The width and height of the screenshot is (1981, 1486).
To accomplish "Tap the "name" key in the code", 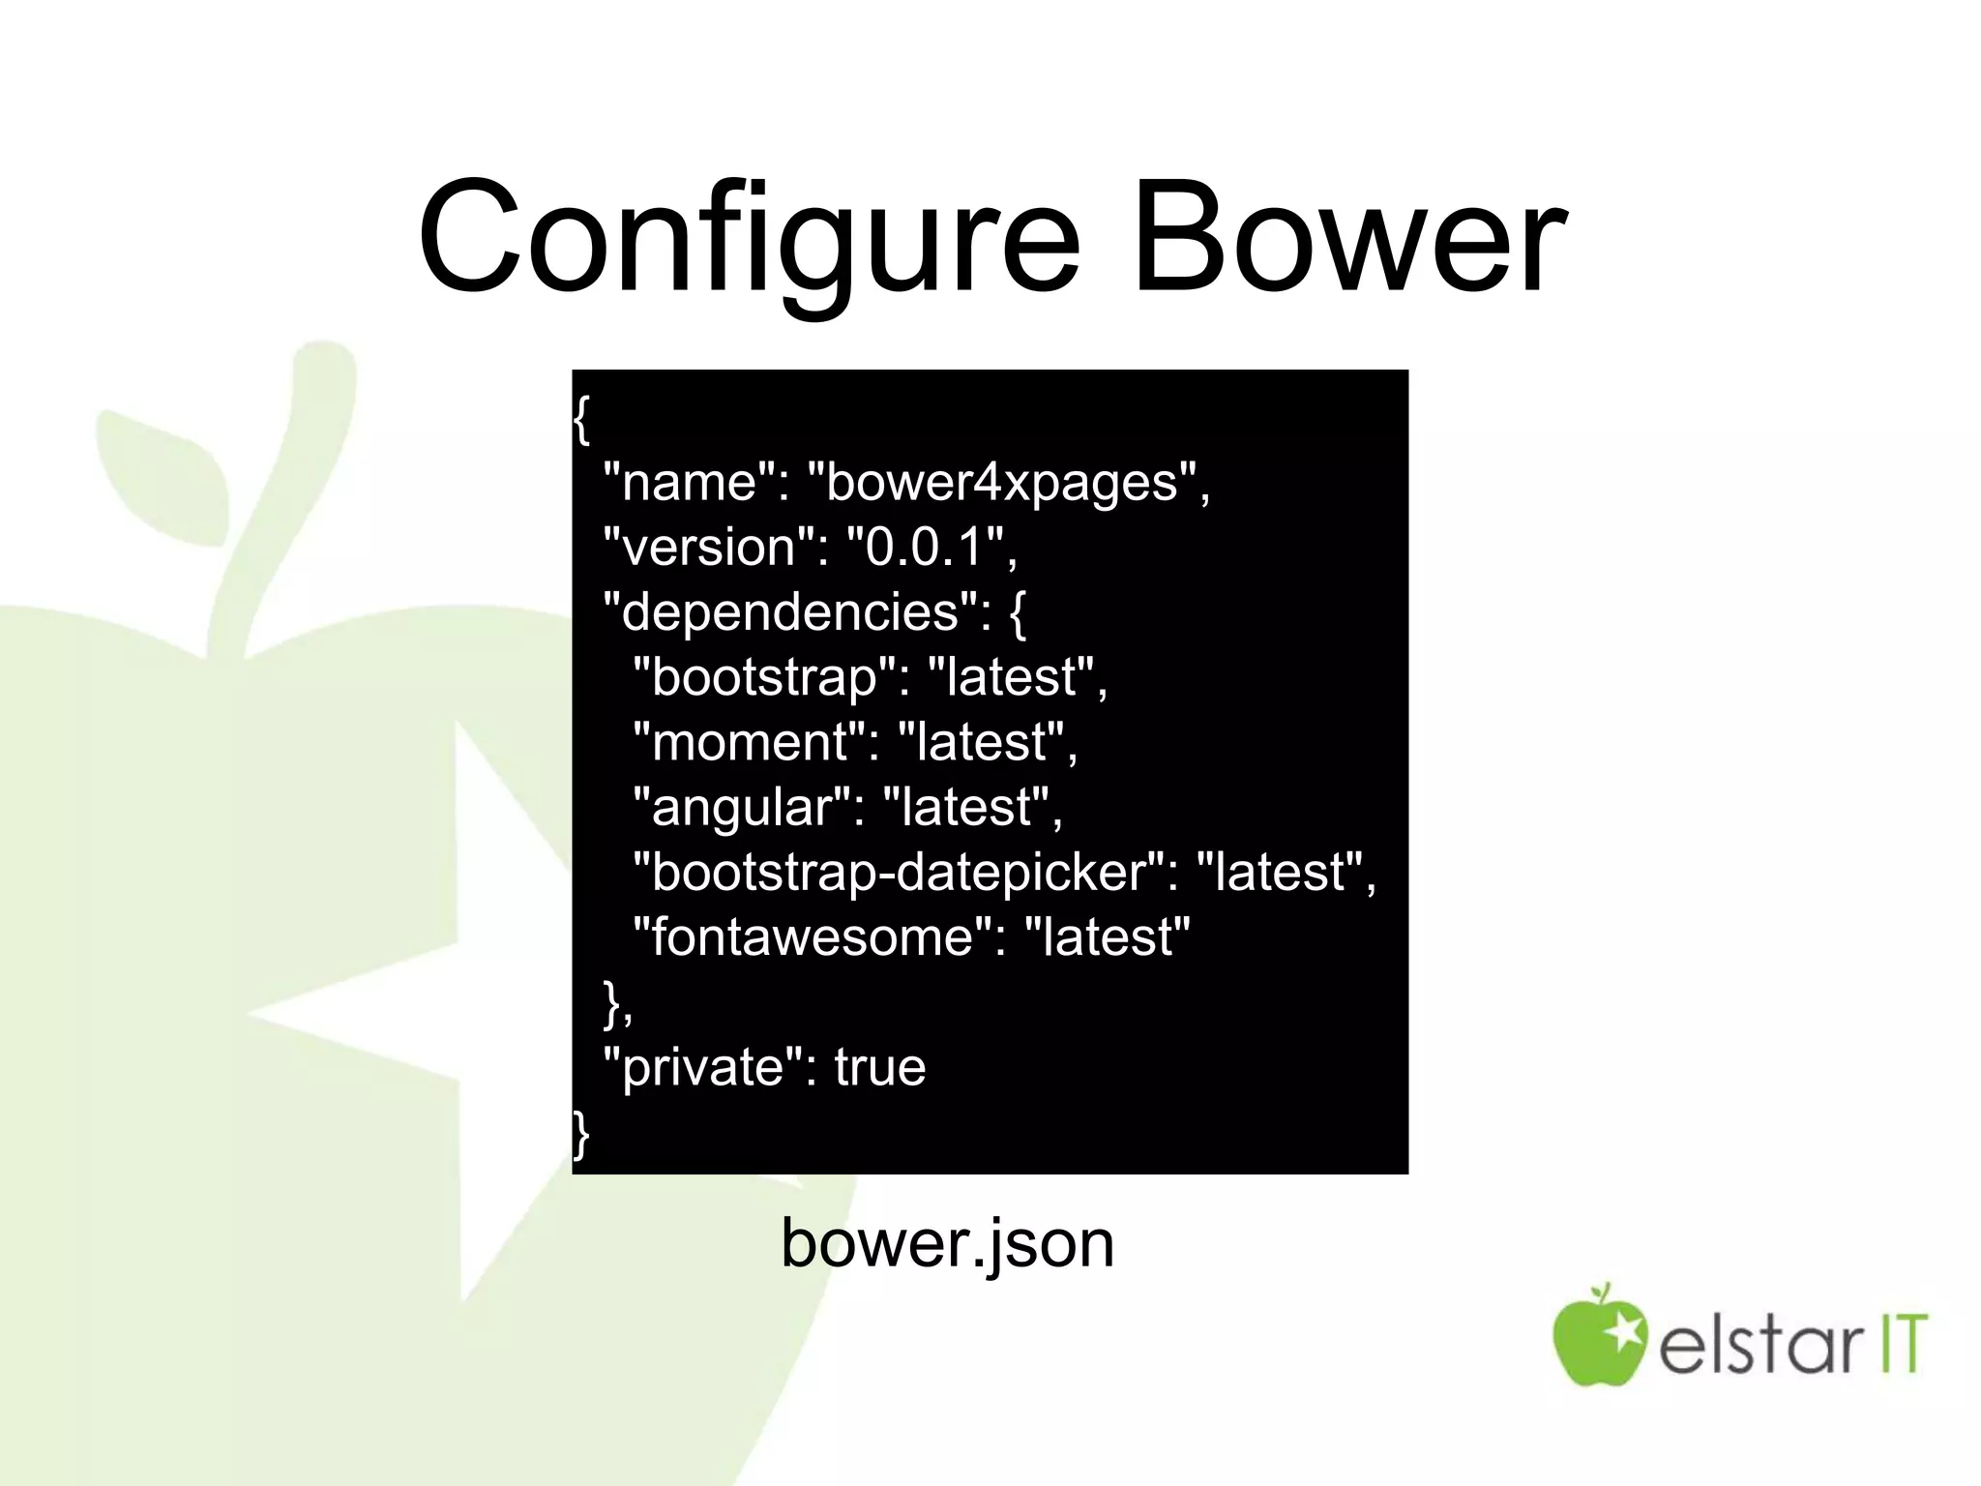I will (690, 481).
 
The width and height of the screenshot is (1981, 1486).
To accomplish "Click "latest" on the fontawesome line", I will (1107, 936).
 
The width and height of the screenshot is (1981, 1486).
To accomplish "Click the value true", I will (879, 1066).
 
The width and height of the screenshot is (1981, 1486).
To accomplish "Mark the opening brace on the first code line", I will (580, 419).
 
